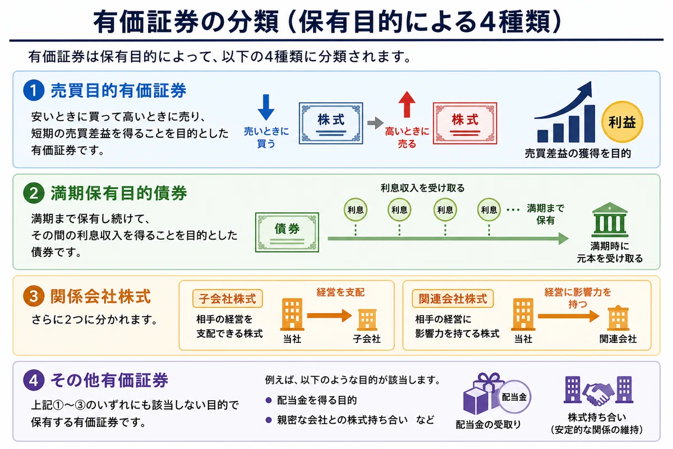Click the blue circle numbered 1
pyautogui.click(x=34, y=90)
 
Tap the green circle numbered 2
pyautogui.click(x=34, y=193)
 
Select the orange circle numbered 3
pyautogui.click(x=34, y=296)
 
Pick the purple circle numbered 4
pyautogui.click(x=34, y=380)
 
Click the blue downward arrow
pyautogui.click(x=266, y=107)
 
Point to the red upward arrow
pyautogui.click(x=407, y=104)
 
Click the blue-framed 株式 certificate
pyautogui.click(x=331, y=123)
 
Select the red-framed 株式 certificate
pyautogui.click(x=465, y=123)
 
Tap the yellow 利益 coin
pyautogui.click(x=622, y=122)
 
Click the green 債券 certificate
pyautogui.click(x=287, y=232)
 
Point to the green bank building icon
pyautogui.click(x=610, y=220)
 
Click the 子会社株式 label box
pyautogui.click(x=228, y=299)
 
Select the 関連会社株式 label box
pyautogui.click(x=453, y=299)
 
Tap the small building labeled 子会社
pyautogui.click(x=367, y=320)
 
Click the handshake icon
pyautogui.click(x=598, y=393)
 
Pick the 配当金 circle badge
pyautogui.click(x=514, y=397)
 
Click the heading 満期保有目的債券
pyautogui.click(x=119, y=193)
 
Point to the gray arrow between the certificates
pyautogui.click(x=375, y=123)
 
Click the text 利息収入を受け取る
pyautogui.click(x=422, y=188)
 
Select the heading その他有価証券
pyautogui.click(x=109, y=380)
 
